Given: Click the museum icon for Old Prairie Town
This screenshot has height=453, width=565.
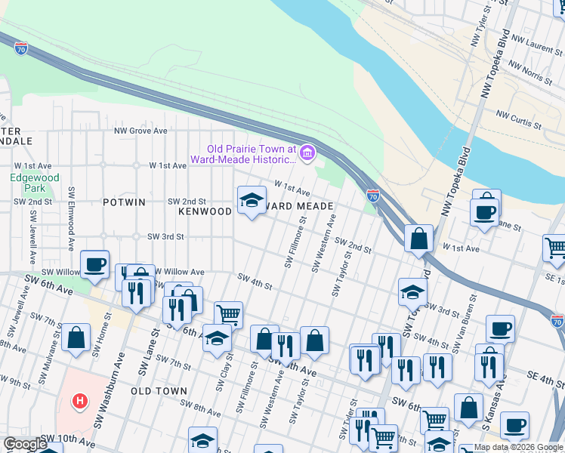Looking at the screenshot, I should coord(307,154).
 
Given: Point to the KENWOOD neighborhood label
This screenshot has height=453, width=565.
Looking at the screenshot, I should coord(205,211).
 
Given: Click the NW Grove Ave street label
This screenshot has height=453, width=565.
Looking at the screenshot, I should coord(140,131).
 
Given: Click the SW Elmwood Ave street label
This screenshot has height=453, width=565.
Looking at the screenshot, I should coord(72,219).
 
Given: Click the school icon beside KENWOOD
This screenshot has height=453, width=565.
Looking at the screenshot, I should coord(252,200).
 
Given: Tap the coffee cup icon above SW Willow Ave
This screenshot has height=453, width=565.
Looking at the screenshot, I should coord(95,264).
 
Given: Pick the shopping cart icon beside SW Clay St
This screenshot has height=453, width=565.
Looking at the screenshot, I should coord(228,314).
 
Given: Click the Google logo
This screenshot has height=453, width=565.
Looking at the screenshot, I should coord(25,444).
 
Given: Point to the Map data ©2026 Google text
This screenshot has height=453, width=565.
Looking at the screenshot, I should coord(518,448).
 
